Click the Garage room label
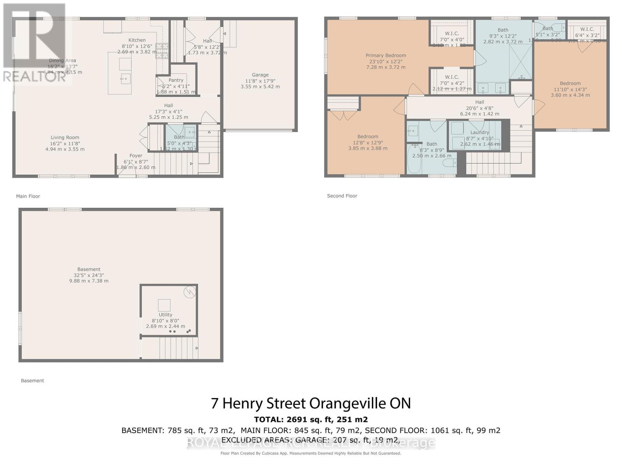260,75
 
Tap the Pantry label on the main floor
176,80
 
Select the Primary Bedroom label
386,56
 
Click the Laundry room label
479,132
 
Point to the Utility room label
165,315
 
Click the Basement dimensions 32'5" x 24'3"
89,275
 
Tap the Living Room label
65,137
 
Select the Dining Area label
63,61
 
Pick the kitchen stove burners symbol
162,51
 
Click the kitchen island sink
125,79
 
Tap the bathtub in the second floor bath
412,160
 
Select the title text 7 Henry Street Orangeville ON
311,403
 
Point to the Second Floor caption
342,196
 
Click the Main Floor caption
28,196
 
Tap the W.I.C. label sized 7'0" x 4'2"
452,77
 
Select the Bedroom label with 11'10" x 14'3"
570,83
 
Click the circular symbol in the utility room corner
190,292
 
